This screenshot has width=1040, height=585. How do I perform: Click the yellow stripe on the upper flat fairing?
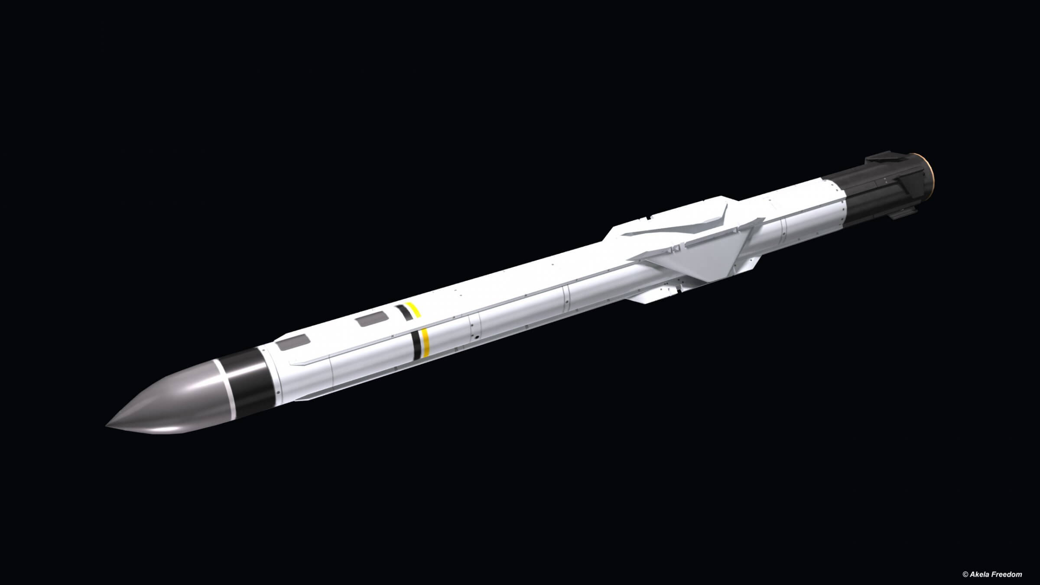[413, 310]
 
